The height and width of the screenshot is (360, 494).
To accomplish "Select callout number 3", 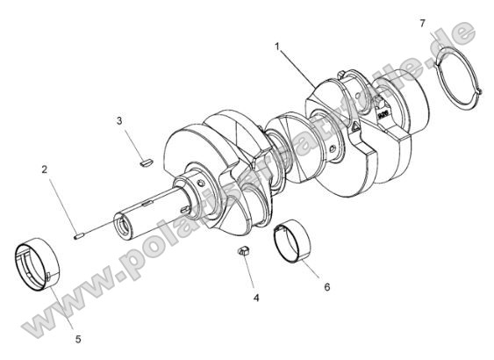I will pos(120,121).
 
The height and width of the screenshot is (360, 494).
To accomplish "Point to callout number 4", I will pos(256,299).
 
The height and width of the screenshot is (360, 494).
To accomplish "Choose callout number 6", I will pos(326,286).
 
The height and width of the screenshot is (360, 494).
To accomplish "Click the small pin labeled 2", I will pos(78,234).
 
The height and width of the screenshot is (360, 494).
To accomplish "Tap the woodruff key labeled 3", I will pos(146,161).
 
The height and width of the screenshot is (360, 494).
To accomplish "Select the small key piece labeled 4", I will pos(246,254).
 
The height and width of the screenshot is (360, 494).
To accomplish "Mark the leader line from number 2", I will pos(60,201).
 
